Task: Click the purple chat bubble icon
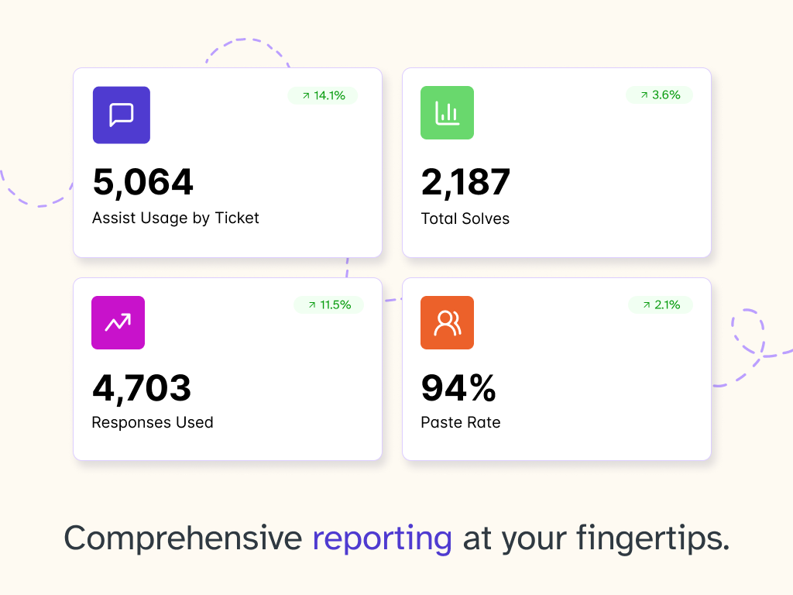[122, 115]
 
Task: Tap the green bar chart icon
[447, 113]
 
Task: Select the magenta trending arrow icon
[118, 322]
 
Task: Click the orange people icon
[447, 322]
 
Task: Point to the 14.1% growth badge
[323, 95]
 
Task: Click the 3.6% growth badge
[659, 95]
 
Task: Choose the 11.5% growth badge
[328, 304]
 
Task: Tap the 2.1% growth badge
[661, 304]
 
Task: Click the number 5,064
[142, 182]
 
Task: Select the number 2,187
[465, 182]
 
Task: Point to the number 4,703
[142, 387]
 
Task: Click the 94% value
[458, 387]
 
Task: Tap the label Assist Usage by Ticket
[176, 218]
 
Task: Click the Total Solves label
[465, 218]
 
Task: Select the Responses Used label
[153, 422]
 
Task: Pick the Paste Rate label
[461, 422]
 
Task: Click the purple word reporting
[382, 538]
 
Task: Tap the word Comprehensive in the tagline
[183, 538]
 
